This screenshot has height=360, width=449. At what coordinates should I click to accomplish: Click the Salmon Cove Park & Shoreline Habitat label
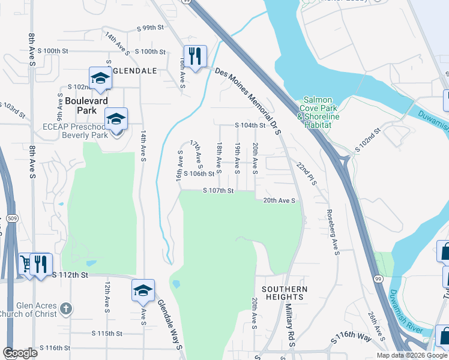[x=321, y=109]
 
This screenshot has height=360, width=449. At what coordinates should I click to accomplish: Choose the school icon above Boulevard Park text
[x=100, y=78]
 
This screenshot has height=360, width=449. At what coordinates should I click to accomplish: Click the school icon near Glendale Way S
[x=143, y=290]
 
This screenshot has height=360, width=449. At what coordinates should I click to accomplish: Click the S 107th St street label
[x=217, y=191]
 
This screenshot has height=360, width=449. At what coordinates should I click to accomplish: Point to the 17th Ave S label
[x=197, y=154]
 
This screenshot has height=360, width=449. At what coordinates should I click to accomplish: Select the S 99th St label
[x=150, y=28]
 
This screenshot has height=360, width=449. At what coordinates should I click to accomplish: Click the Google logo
[x=20, y=353]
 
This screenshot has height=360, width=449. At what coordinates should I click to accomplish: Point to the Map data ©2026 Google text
[x=411, y=355]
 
